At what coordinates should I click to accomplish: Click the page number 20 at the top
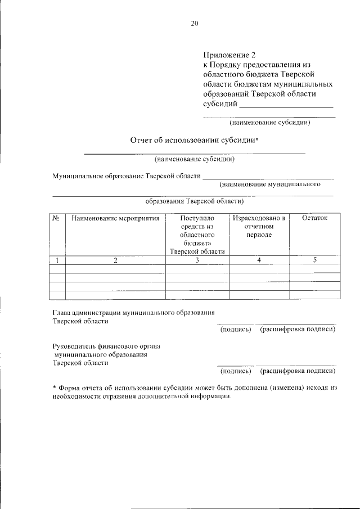click(x=195, y=23)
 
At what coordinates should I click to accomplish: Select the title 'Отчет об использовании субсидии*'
click(x=194, y=140)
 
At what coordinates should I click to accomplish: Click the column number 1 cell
click(x=57, y=260)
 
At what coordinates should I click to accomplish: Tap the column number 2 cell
click(x=115, y=260)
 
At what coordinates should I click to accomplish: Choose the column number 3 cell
click(x=197, y=260)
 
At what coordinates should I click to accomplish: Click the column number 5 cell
click(x=314, y=260)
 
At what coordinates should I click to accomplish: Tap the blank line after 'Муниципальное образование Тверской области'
click(x=268, y=178)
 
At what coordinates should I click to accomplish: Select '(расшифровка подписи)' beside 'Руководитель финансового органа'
click(x=298, y=371)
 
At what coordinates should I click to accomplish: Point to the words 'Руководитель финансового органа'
click(x=106, y=347)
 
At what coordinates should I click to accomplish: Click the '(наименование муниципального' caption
click(x=270, y=184)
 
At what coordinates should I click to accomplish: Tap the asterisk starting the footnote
click(x=54, y=388)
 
